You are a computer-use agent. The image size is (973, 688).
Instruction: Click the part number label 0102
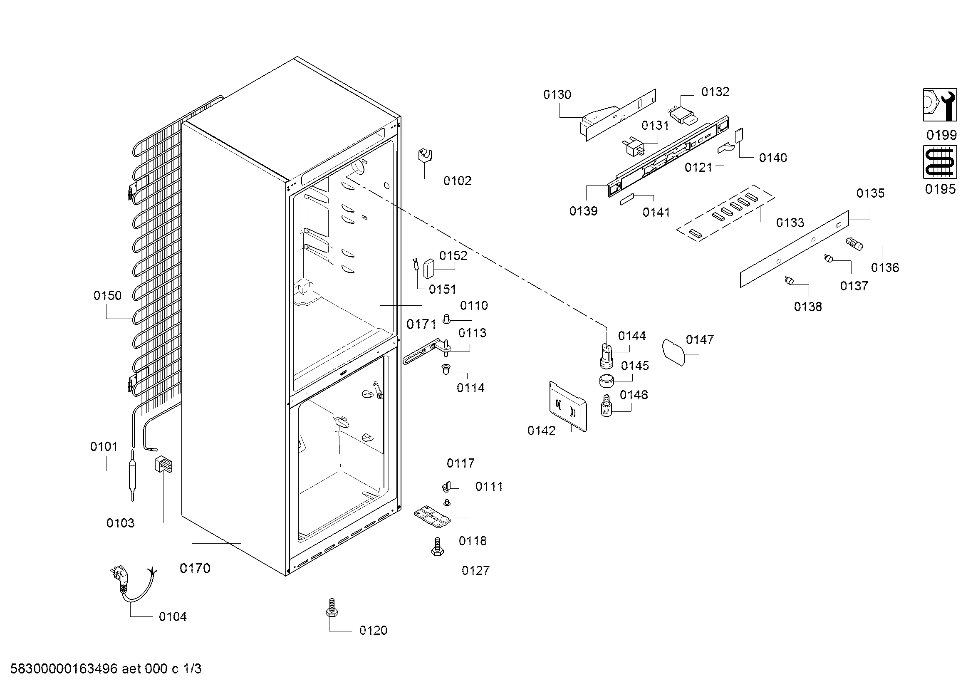[x=457, y=181]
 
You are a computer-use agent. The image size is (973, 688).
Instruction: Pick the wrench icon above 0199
[x=940, y=105]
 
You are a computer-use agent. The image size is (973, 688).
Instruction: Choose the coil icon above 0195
[x=940, y=162]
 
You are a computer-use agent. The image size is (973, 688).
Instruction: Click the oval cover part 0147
[x=673, y=351]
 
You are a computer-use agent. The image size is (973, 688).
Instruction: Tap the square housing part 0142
[x=568, y=406]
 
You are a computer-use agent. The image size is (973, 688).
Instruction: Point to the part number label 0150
[x=107, y=295]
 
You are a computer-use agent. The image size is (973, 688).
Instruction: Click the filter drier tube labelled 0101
[x=133, y=475]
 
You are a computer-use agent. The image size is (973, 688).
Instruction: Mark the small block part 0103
[x=163, y=464]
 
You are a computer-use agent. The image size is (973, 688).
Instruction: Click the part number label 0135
[x=870, y=193]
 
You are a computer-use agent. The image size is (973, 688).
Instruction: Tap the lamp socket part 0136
[x=854, y=245]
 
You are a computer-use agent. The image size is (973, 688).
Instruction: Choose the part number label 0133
[x=790, y=223]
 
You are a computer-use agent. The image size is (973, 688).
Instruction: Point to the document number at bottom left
[x=106, y=669]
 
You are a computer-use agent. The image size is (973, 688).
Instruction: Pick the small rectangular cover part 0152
[x=429, y=269]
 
